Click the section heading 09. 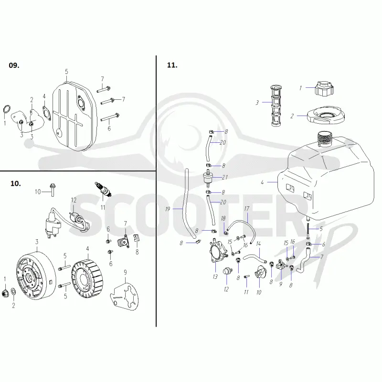[14, 65]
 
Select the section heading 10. [16, 183]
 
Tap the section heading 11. [172, 65]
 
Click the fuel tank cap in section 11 [324, 89]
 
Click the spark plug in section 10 [103, 189]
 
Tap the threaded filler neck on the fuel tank [325, 139]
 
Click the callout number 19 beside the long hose [168, 209]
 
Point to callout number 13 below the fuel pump [215, 277]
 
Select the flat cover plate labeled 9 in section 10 [124, 295]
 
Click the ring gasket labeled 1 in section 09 [7, 109]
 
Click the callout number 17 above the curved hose [246, 209]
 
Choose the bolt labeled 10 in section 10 [53, 189]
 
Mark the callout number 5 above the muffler [66, 72]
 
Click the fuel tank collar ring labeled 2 [324, 115]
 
